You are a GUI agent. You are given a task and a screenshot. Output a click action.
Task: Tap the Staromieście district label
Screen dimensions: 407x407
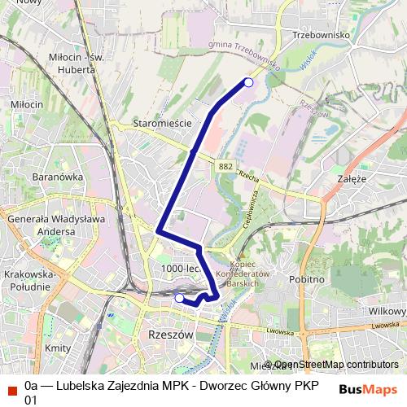coord(161,123)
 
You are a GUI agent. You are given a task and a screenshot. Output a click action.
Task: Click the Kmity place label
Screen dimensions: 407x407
coord(58,348)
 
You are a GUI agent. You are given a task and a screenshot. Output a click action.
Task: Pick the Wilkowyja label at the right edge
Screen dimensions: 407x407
coord(387,311)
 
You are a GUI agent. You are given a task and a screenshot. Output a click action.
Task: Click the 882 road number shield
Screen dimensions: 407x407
coord(226,166)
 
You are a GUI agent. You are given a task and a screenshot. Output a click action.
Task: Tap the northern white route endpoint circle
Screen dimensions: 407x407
coord(249,82)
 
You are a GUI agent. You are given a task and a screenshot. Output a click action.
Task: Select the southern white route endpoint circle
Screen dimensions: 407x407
coord(179,298)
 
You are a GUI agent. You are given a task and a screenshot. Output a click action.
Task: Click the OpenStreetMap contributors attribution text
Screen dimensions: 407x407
coord(335,365)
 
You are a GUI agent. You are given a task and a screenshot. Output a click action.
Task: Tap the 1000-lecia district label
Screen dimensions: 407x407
coord(182,269)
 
